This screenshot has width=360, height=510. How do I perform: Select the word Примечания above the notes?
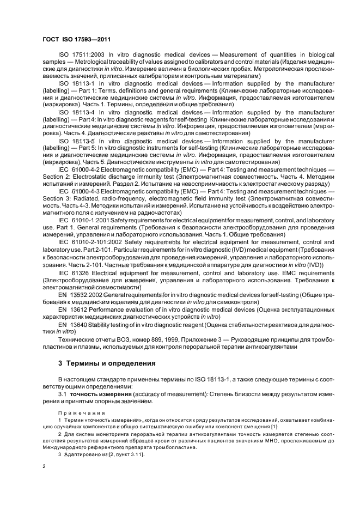pyautogui.click(x=81, y=414)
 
